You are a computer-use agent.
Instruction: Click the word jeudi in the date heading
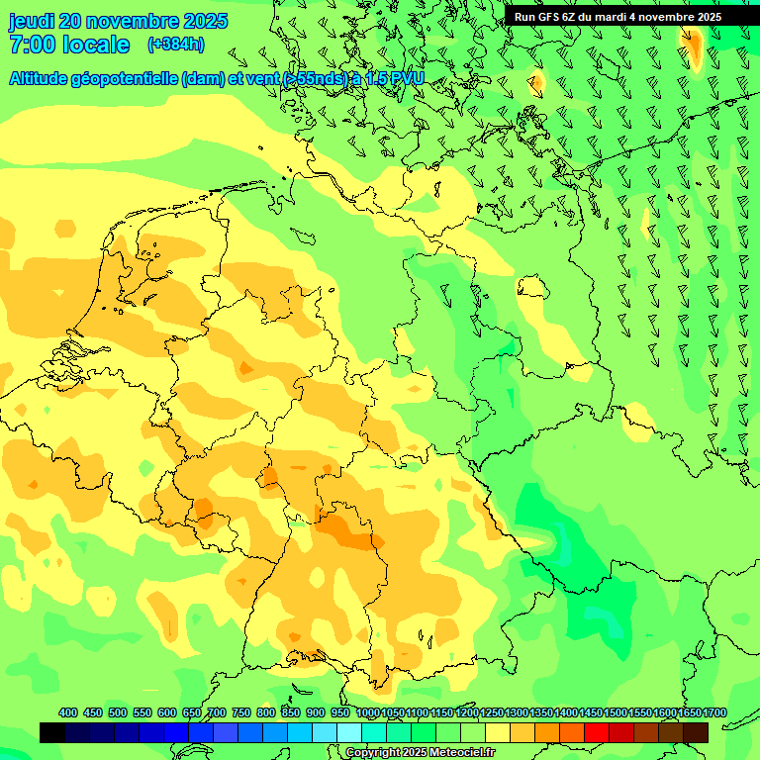(32, 22)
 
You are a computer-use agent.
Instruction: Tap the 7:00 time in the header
(32, 45)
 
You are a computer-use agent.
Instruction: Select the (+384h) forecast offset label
(175, 45)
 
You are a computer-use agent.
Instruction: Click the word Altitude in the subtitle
(44, 78)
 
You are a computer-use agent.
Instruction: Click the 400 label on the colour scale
(68, 713)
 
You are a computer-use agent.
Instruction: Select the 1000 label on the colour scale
(367, 713)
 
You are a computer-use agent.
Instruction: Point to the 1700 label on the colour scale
(689, 713)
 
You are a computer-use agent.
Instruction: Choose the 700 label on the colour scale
(217, 713)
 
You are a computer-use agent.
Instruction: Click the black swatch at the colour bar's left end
(52, 732)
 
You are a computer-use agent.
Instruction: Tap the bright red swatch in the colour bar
(597, 732)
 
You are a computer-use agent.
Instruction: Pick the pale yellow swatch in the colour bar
(498, 732)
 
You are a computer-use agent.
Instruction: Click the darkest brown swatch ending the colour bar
(696, 732)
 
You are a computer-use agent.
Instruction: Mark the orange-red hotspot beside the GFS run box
(694, 47)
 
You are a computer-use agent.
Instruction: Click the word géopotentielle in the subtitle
(131, 78)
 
